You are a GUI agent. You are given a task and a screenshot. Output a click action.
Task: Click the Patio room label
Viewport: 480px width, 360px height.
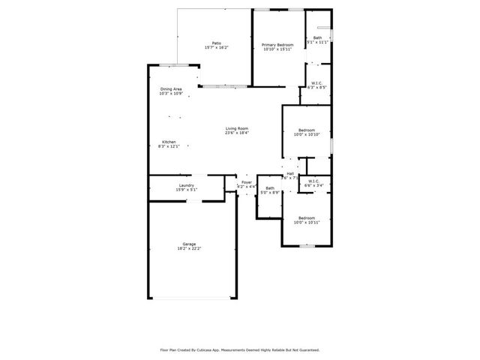click(216, 43)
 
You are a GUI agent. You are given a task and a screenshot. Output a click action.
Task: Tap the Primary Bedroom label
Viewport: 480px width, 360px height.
click(277, 45)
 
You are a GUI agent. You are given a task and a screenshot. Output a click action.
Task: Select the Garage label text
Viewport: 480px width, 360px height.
click(189, 244)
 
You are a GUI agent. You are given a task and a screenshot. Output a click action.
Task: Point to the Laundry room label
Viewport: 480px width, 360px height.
click(187, 185)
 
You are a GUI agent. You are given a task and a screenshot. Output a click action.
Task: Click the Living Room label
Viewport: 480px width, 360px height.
click(237, 128)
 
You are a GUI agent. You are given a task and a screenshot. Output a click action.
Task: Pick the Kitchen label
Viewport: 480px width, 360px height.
click(169, 142)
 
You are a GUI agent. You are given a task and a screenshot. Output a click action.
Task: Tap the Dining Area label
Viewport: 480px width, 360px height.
click(171, 89)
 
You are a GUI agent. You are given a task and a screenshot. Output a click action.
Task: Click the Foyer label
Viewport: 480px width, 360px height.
click(246, 181)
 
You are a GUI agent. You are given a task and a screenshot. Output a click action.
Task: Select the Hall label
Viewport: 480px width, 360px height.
click(289, 173)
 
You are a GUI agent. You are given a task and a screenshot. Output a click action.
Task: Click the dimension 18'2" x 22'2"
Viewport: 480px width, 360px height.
click(189, 248)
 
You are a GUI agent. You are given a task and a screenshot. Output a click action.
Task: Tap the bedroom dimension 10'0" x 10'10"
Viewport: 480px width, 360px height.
click(307, 134)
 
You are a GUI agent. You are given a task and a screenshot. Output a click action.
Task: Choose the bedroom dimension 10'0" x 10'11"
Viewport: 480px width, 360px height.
click(307, 222)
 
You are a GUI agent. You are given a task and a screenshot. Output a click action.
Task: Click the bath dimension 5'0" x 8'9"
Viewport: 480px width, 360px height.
click(269, 193)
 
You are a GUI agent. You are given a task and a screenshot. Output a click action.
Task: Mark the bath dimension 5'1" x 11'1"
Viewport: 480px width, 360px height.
click(317, 43)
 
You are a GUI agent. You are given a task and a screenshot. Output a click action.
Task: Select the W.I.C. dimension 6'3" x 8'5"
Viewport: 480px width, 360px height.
click(316, 88)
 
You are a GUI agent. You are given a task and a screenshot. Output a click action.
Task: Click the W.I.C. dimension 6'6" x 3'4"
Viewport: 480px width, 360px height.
click(313, 185)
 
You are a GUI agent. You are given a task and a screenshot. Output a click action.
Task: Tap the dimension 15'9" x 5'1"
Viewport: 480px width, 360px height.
click(187, 190)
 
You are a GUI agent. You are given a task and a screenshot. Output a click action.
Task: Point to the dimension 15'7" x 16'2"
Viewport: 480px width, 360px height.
click(216, 47)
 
